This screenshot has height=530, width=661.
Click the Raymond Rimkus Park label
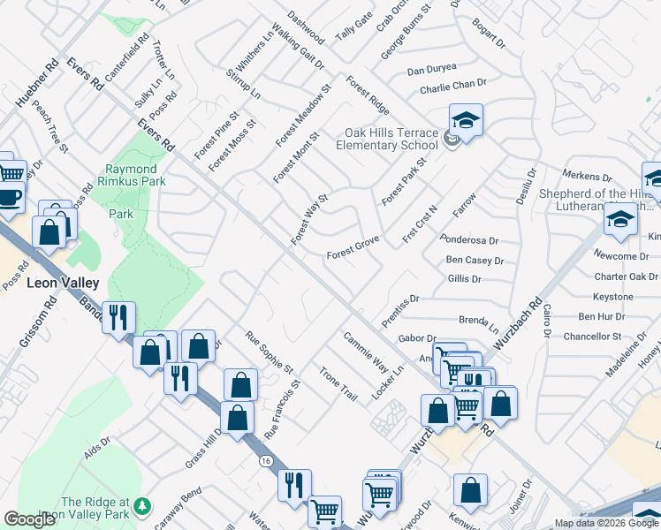pyautogui.click(x=131, y=175)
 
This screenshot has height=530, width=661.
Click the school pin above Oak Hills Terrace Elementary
pyautogui.click(x=466, y=119)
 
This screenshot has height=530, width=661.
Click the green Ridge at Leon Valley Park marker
pyautogui.click(x=141, y=508)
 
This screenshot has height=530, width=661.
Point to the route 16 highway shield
pyautogui.click(x=265, y=461)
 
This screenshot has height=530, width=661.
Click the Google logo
pyautogui.click(x=29, y=519)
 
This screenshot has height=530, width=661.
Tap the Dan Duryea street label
pyautogui.click(x=432, y=68)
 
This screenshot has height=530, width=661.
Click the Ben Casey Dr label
pyautogui.click(x=475, y=261)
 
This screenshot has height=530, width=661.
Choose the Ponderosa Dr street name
pyautogui.click(x=469, y=239)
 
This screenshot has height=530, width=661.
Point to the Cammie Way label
pyautogui.click(x=366, y=352)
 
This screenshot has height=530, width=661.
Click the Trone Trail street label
pyautogui.click(x=338, y=384)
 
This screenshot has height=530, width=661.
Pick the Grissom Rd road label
pyautogui.click(x=26, y=326)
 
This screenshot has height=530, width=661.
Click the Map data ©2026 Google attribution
pyautogui.click(x=606, y=523)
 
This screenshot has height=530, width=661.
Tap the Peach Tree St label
pyautogui.click(x=49, y=127)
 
